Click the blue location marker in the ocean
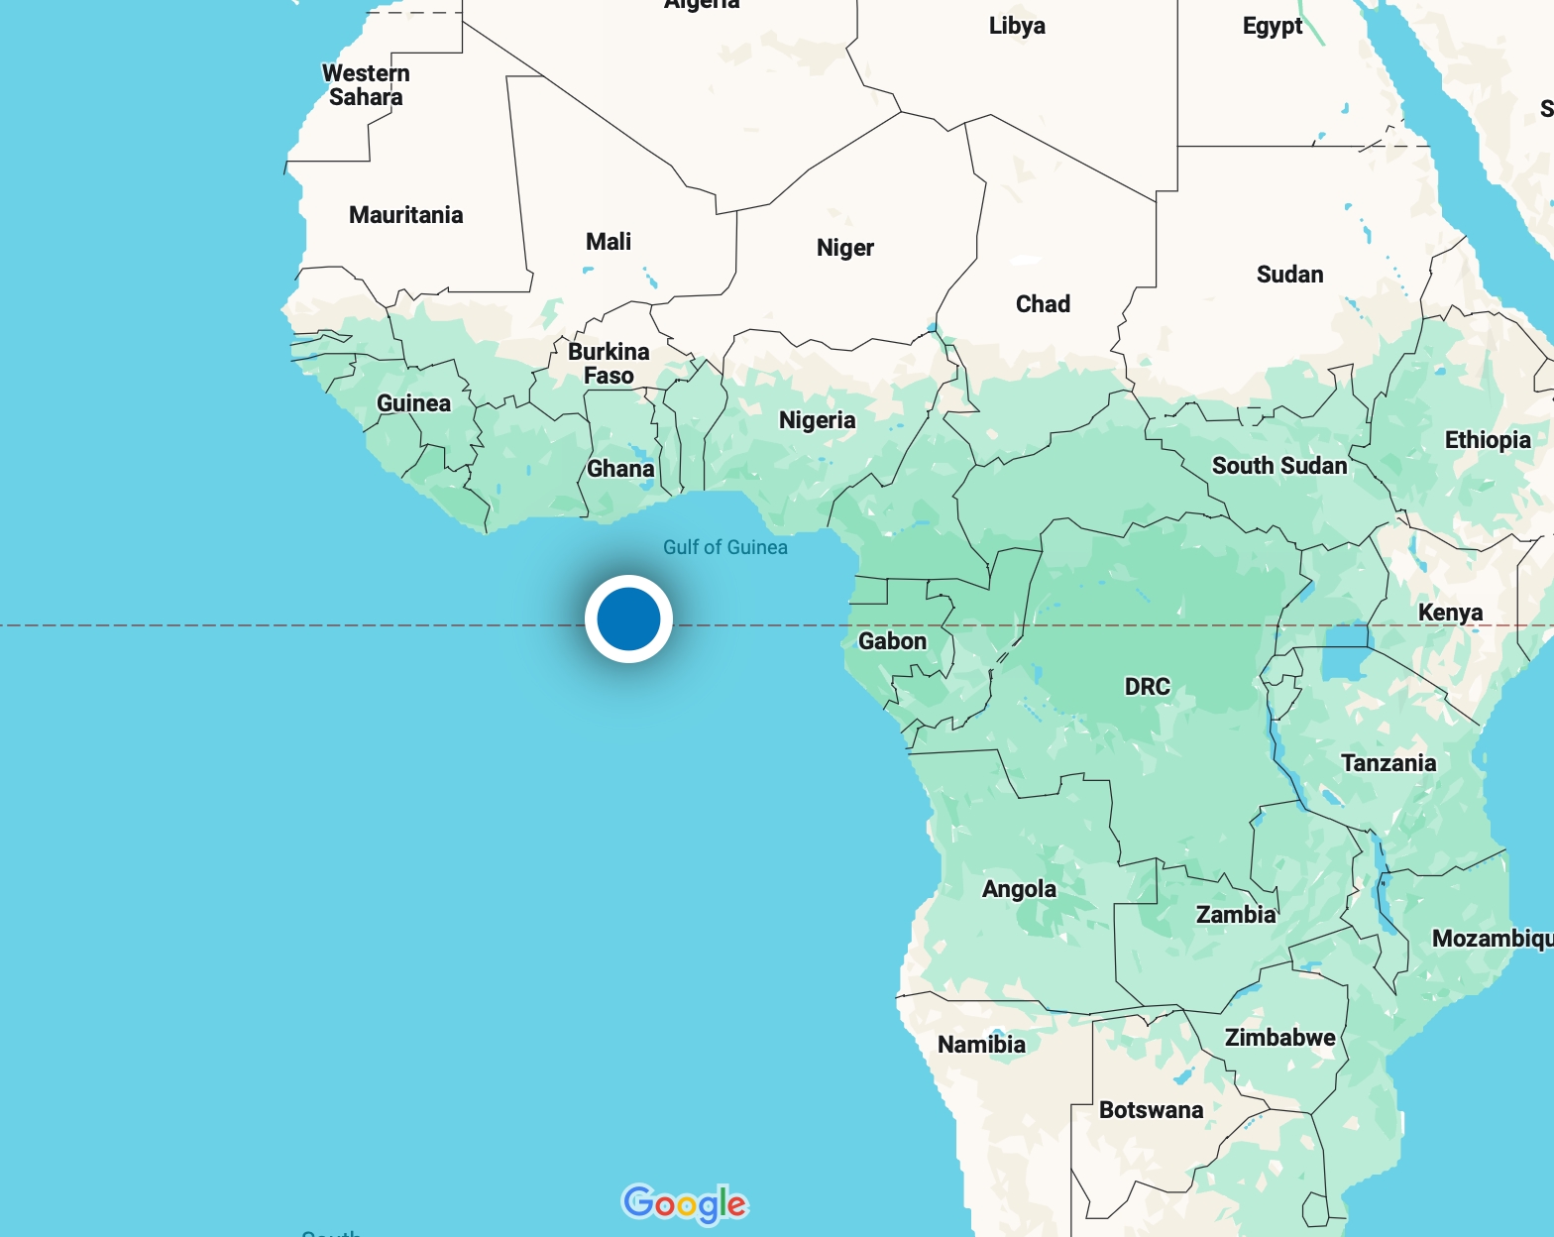coord(628,618)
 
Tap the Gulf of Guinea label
coord(724,547)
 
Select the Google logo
coord(684,1203)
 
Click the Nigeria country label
coord(817,420)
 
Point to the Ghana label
coord(620,469)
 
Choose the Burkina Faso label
coord(609,364)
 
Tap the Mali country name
coord(608,242)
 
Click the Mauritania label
coord(405,215)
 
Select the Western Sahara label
coord(366,85)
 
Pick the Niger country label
coord(844,248)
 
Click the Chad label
coord(1043,304)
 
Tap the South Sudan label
coord(1278,466)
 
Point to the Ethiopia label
coord(1487,440)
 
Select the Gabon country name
coord(892,641)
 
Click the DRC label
coord(1147,687)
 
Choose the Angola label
coord(1019,889)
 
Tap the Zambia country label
coord(1235,915)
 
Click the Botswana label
coord(1151,1110)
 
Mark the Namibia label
coord(981,1045)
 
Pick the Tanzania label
coord(1387,763)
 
